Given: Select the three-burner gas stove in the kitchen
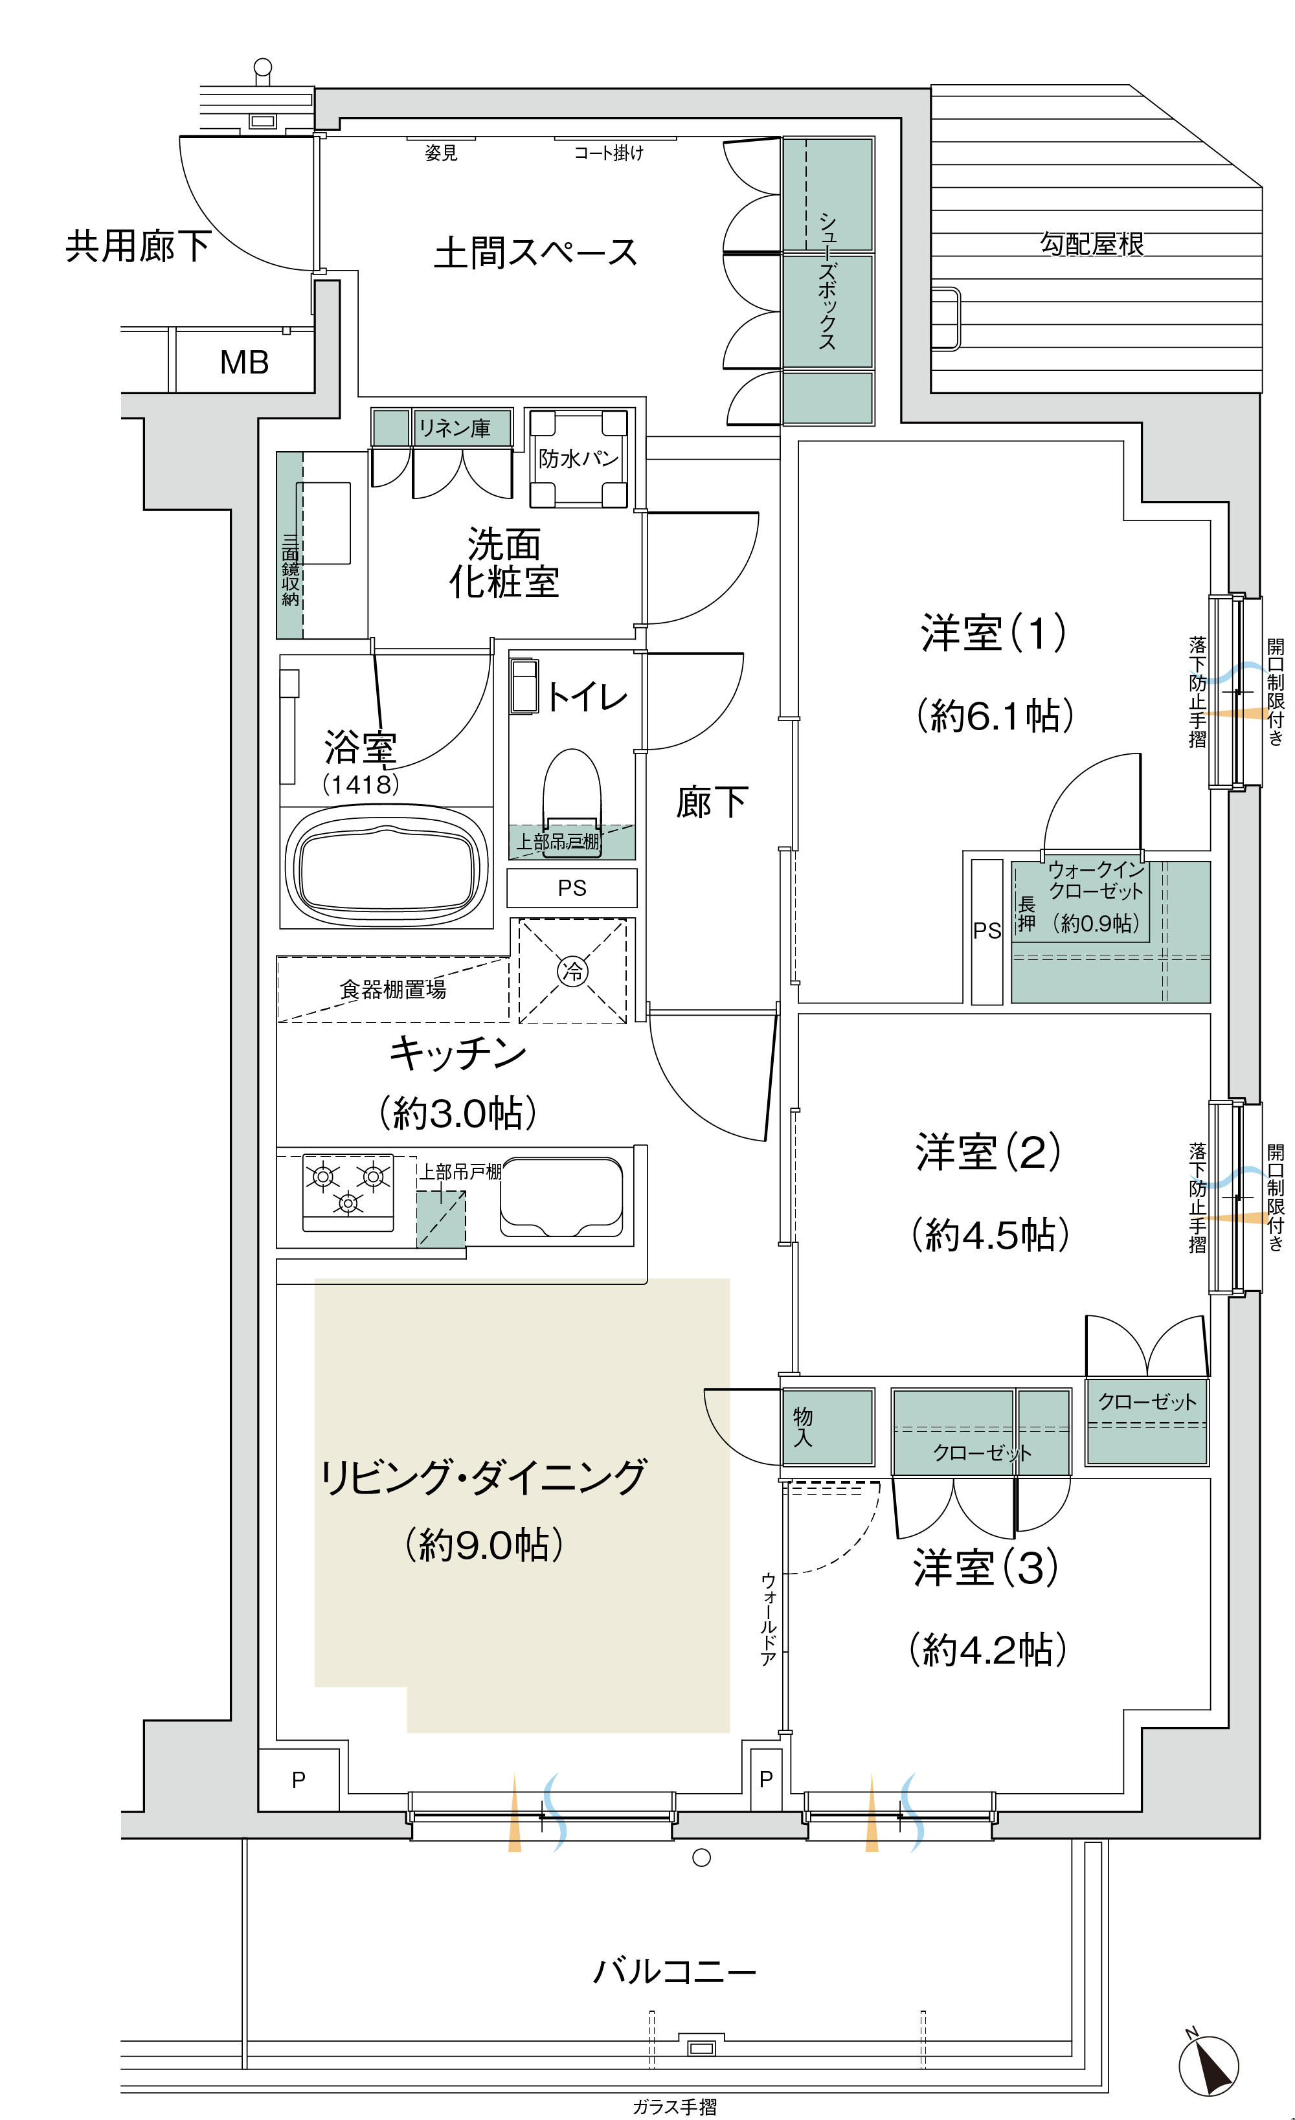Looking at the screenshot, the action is pyautogui.click(x=348, y=1192).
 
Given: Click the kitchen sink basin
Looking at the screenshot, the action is pyautogui.click(x=561, y=1197).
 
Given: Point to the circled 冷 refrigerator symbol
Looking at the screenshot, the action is pyautogui.click(x=572, y=972).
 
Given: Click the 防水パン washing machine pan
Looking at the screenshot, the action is pyautogui.click(x=578, y=458).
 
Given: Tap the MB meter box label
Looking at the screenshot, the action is pyautogui.click(x=244, y=363).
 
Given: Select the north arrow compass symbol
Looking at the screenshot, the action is pyautogui.click(x=1209, y=2065).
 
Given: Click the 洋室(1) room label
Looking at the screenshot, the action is pyautogui.click(x=993, y=632).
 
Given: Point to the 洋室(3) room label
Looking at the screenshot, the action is pyautogui.click(x=986, y=1568).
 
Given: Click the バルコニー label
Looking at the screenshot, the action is pyautogui.click(x=675, y=1970).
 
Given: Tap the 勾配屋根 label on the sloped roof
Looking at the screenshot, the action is pyautogui.click(x=1092, y=244).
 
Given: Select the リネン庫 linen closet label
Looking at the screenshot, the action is pyautogui.click(x=455, y=428).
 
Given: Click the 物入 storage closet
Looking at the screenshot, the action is pyautogui.click(x=828, y=1427).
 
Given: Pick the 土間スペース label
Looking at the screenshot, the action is pyautogui.click(x=535, y=253).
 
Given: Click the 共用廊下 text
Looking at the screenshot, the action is pyautogui.click(x=139, y=246).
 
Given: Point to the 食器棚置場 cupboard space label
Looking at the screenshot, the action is pyautogui.click(x=393, y=990).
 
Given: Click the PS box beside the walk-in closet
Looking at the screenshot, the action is pyautogui.click(x=987, y=932).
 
